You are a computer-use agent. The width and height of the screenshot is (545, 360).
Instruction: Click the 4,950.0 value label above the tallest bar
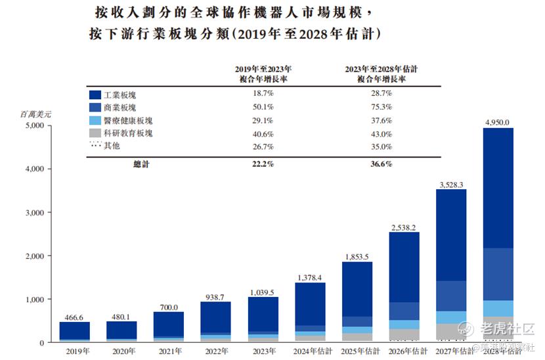click(x=497, y=122)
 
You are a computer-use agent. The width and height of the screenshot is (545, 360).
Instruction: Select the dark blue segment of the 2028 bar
click(x=498, y=187)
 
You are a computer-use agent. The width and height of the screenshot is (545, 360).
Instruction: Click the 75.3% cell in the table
click(x=381, y=108)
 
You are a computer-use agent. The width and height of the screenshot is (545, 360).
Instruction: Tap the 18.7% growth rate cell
click(x=263, y=95)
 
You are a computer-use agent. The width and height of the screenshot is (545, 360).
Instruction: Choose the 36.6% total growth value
click(x=381, y=164)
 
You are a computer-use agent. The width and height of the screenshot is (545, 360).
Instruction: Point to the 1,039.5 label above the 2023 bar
click(x=263, y=291)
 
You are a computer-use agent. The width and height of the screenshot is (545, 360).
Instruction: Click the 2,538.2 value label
click(x=404, y=227)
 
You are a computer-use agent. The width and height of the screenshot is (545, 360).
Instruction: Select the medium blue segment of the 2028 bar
click(x=498, y=274)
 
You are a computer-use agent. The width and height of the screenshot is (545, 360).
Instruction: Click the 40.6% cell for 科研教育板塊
click(x=263, y=133)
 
